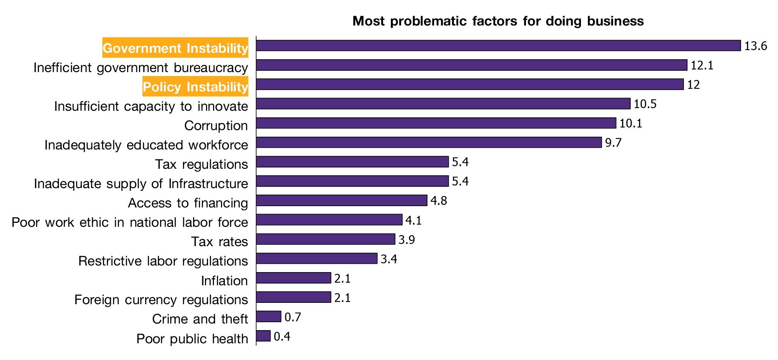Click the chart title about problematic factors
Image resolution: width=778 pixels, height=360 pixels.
click(x=498, y=21)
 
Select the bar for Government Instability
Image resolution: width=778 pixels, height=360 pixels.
click(x=498, y=46)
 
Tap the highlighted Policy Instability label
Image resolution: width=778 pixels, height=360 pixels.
click(x=195, y=87)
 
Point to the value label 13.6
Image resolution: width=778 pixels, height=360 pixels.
click(x=756, y=46)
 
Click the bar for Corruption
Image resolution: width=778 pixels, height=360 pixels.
click(x=436, y=123)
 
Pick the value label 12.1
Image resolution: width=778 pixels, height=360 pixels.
click(x=702, y=65)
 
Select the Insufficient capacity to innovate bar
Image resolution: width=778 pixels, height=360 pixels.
click(x=443, y=104)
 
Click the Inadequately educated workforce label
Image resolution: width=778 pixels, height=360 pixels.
click(x=146, y=145)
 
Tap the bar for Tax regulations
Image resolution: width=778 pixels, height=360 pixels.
click(x=352, y=162)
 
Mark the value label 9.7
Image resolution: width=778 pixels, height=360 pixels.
click(x=613, y=143)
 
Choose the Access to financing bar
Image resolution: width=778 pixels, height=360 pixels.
click(x=341, y=200)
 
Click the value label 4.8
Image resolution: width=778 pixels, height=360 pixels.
click(x=438, y=201)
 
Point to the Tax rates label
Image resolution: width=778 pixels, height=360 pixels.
click(x=219, y=242)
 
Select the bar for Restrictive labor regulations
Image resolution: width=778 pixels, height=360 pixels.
click(x=317, y=258)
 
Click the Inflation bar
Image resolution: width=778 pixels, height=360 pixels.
click(x=293, y=278)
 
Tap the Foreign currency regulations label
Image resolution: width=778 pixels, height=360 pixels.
click(x=161, y=300)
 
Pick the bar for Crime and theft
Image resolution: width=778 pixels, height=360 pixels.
click(x=268, y=316)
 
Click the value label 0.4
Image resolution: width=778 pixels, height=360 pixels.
click(x=282, y=337)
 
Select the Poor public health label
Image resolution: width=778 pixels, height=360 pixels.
click(x=192, y=339)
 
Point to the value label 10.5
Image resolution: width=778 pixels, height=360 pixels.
click(x=645, y=104)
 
